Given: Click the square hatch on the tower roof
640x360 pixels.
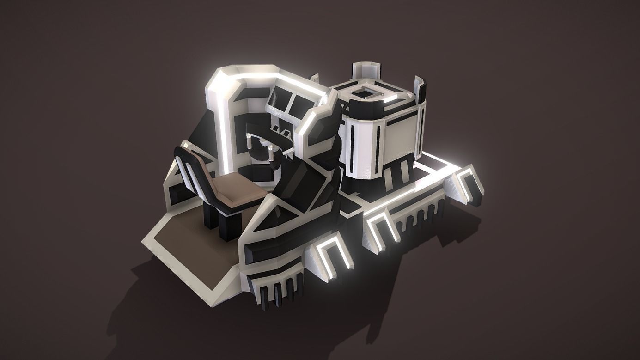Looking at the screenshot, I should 365,92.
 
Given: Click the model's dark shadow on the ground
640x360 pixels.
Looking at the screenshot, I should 152,314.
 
